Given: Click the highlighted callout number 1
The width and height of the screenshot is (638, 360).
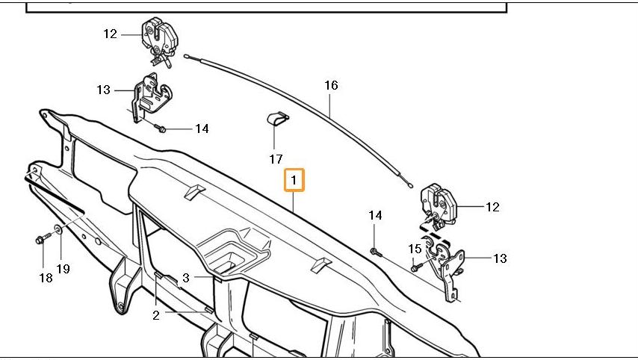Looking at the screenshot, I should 294,180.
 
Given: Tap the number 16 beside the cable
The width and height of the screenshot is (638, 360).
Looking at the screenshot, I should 331,85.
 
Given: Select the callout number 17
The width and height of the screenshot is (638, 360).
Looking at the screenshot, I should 276,159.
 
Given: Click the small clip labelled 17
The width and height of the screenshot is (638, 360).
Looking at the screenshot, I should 278,122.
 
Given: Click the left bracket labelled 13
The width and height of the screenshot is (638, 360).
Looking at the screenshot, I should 150,97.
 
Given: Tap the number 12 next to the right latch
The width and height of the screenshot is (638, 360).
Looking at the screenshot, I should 492,207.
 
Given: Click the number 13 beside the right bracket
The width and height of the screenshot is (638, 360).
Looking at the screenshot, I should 500,258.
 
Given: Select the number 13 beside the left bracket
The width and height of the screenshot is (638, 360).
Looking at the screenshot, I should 103,90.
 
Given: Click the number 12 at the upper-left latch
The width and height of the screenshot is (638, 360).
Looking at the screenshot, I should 111,34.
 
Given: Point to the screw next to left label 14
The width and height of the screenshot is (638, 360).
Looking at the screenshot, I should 161,128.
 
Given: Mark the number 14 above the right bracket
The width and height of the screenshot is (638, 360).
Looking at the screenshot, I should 375,215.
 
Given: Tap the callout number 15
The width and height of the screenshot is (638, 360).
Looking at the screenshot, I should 415,249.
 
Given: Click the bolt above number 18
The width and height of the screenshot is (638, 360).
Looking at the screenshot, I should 42,240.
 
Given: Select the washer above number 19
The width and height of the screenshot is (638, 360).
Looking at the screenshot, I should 59,229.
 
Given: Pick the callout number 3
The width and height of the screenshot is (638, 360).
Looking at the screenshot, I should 187,277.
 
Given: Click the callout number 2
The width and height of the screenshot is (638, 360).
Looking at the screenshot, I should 156,315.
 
